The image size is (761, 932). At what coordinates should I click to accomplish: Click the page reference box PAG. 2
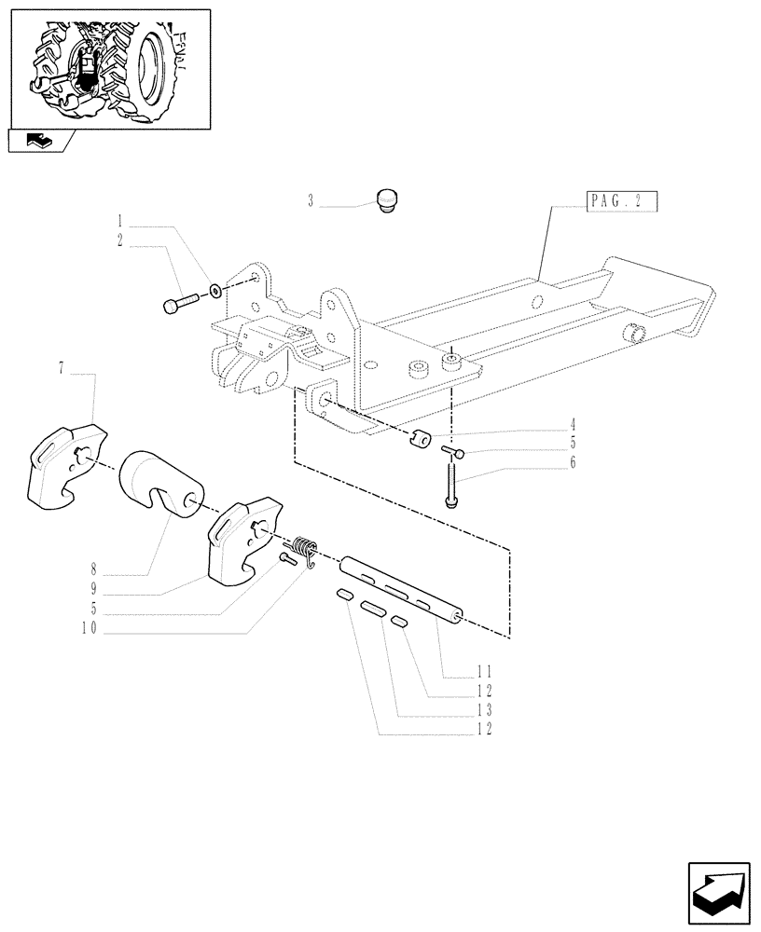(623, 202)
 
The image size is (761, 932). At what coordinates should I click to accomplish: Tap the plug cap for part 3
(386, 199)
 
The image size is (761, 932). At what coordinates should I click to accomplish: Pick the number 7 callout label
(62, 372)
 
